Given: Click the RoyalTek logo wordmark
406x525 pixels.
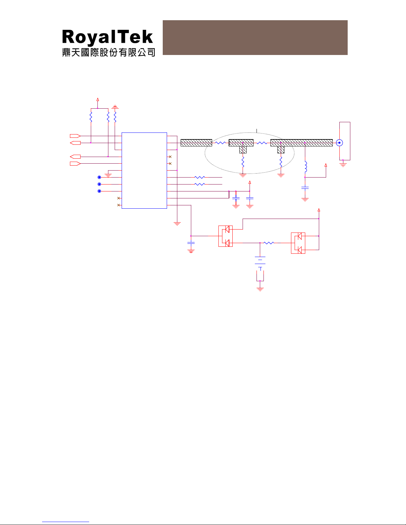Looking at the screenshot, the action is pyautogui.click(x=107, y=37).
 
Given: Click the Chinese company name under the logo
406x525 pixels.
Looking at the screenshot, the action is pyautogui.click(x=108, y=52).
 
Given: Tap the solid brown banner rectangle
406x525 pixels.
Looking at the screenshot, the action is pyautogui.click(x=255, y=37).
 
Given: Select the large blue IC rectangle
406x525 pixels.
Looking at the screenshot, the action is pyautogui.click(x=144, y=171).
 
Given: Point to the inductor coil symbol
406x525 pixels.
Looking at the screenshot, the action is pyautogui.click(x=306, y=167).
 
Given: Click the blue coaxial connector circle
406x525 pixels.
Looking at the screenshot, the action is pyautogui.click(x=339, y=143).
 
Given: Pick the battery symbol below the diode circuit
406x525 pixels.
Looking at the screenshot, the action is pyautogui.click(x=260, y=263).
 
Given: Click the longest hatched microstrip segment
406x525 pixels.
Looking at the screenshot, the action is pyautogui.click(x=301, y=143).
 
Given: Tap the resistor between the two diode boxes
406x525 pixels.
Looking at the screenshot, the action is pyautogui.click(x=269, y=243).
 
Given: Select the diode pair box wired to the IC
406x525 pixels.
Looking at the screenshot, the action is pyautogui.click(x=225, y=236).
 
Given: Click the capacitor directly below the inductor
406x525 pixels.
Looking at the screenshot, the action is pyautogui.click(x=305, y=188).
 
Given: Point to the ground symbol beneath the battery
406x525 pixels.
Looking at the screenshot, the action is pyautogui.click(x=260, y=289).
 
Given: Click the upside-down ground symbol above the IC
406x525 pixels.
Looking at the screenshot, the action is pyautogui.click(x=115, y=107).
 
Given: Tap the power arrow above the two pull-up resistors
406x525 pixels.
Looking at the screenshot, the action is pyautogui.click(x=98, y=100).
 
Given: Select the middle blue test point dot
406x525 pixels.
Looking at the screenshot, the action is pyautogui.click(x=99, y=184).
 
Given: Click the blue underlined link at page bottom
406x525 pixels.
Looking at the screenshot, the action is pyautogui.click(x=66, y=522).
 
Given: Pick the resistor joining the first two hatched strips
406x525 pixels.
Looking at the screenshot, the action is pyautogui.click(x=220, y=143).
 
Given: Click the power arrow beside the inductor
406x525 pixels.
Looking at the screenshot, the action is pyautogui.click(x=326, y=165).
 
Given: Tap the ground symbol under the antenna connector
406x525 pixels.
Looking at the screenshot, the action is pyautogui.click(x=343, y=165).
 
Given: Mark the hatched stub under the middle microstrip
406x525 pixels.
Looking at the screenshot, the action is pyautogui.click(x=243, y=150).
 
